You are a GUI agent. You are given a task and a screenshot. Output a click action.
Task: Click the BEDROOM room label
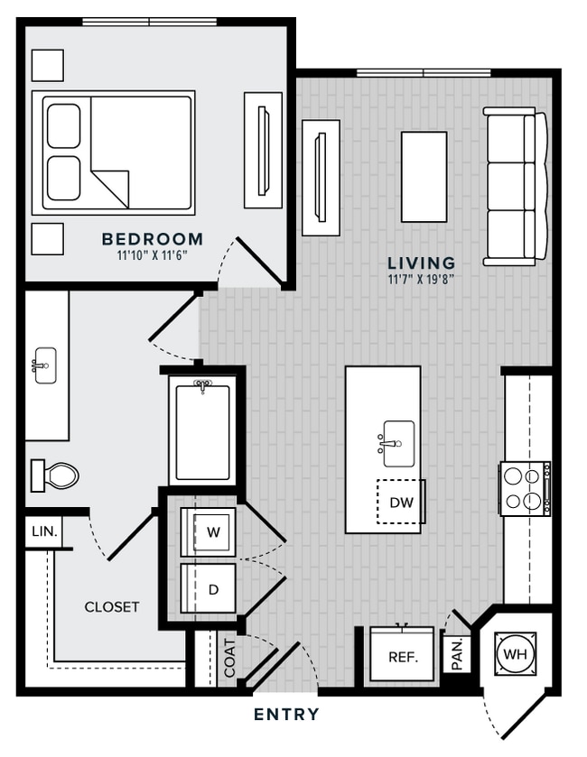pos(153,239)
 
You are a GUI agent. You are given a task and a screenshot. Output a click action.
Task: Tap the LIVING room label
pos(422,263)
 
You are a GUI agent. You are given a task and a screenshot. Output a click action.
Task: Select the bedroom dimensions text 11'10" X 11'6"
pos(153,255)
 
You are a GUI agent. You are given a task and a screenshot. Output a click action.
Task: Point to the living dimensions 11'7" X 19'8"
pos(421,280)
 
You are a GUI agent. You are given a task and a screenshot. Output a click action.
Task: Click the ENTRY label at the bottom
pos(286,714)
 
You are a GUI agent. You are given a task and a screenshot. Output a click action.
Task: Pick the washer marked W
pos(209,532)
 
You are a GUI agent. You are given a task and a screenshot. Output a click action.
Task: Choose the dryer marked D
pos(209,588)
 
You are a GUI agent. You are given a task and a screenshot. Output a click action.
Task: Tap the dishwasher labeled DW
pos(400,502)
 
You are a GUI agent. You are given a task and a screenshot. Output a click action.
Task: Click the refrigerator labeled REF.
pos(402,653)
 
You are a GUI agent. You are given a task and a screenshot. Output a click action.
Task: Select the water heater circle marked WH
pos(515,654)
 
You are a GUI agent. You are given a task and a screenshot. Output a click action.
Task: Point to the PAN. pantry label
pos(457,653)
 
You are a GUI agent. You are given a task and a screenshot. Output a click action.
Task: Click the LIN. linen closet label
pos(44,532)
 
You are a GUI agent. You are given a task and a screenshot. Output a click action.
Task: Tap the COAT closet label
pos(230,658)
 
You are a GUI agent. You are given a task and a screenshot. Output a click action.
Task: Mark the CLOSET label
pos(112,607)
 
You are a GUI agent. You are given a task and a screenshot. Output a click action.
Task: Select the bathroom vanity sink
pos(45,365)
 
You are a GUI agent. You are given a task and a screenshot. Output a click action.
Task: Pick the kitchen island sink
pos(397,443)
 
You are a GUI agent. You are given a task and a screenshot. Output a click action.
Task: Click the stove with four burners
pos(525,488)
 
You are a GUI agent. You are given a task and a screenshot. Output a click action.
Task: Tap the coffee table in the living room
pos(424,177)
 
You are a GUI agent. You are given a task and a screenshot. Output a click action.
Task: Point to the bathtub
pos(202,430)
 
